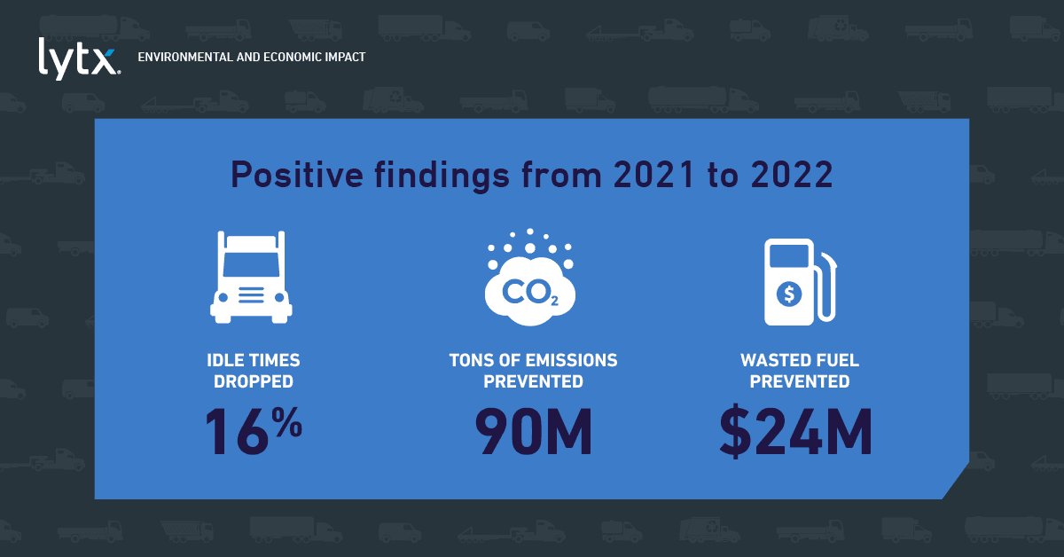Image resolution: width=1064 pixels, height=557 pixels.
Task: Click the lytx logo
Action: click(x=79, y=59)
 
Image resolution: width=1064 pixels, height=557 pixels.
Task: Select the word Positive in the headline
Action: click(x=297, y=175)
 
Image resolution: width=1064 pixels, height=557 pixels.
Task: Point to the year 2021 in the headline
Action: click(x=654, y=175)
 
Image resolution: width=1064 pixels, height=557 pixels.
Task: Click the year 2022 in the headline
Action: click(x=792, y=175)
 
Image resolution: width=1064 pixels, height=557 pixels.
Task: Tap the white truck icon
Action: click(x=251, y=278)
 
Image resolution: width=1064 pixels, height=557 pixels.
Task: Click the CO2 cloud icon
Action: click(x=530, y=278)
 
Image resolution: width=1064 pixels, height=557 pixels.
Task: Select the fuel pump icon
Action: click(x=800, y=282)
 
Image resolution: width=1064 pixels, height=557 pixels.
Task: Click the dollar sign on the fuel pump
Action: click(x=789, y=294)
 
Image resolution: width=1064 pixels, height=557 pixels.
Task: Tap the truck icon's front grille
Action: click(x=251, y=294)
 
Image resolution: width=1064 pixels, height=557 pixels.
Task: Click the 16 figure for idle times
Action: click(x=237, y=432)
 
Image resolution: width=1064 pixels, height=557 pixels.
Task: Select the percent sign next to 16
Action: click(x=287, y=421)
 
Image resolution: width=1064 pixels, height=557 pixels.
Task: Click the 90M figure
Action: click(x=534, y=432)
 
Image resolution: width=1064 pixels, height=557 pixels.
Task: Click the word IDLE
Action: click(x=222, y=360)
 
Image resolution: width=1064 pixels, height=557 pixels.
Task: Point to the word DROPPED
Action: click(x=254, y=381)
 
